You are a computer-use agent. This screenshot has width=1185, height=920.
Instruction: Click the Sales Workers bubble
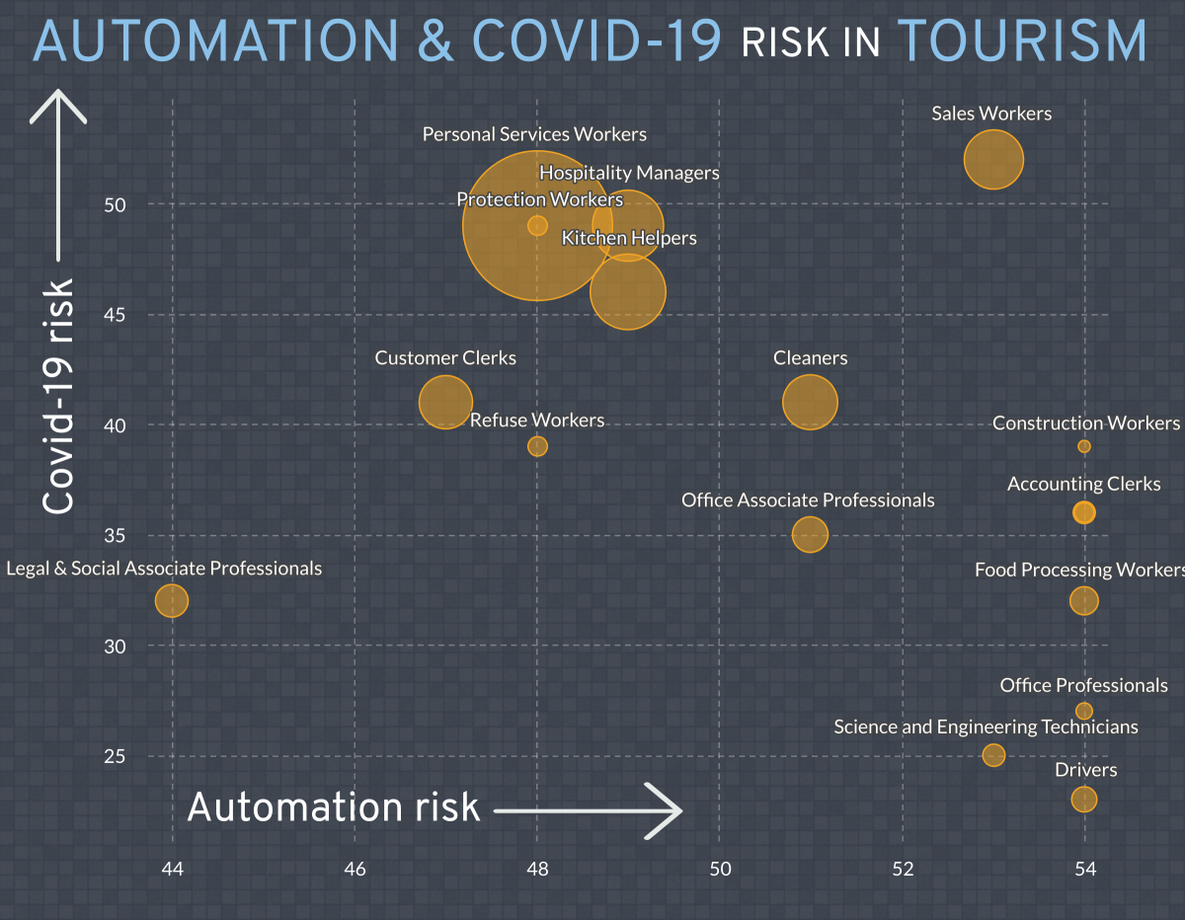(993, 159)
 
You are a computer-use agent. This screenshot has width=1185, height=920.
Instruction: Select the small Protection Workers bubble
(537, 225)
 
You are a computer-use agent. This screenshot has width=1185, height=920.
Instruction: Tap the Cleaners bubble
(810, 402)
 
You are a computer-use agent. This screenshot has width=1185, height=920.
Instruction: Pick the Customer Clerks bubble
(445, 402)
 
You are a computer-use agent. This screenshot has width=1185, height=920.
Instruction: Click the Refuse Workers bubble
(537, 446)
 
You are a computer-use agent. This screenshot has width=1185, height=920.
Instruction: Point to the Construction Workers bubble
(1084, 446)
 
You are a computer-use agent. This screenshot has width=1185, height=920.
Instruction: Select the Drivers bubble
(1084, 799)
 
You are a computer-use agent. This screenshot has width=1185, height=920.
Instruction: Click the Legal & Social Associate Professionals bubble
(172, 600)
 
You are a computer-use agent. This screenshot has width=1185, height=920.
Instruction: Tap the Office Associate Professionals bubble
(810, 534)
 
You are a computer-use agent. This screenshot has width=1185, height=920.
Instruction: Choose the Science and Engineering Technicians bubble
(993, 755)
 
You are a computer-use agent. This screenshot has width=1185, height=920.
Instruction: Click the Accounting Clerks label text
(1083, 485)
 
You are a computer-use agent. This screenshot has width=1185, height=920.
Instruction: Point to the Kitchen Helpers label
(629, 238)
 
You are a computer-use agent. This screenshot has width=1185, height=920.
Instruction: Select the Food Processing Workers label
(1078, 571)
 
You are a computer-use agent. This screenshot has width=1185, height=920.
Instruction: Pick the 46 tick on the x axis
(355, 870)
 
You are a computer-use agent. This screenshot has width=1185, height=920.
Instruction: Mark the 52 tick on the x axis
(903, 870)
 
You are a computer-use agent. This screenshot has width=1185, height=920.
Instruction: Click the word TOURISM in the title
(1021, 41)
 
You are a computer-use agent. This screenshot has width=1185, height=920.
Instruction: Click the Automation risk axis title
(333, 807)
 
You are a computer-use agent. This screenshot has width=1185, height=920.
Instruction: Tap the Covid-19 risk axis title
(60, 395)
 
